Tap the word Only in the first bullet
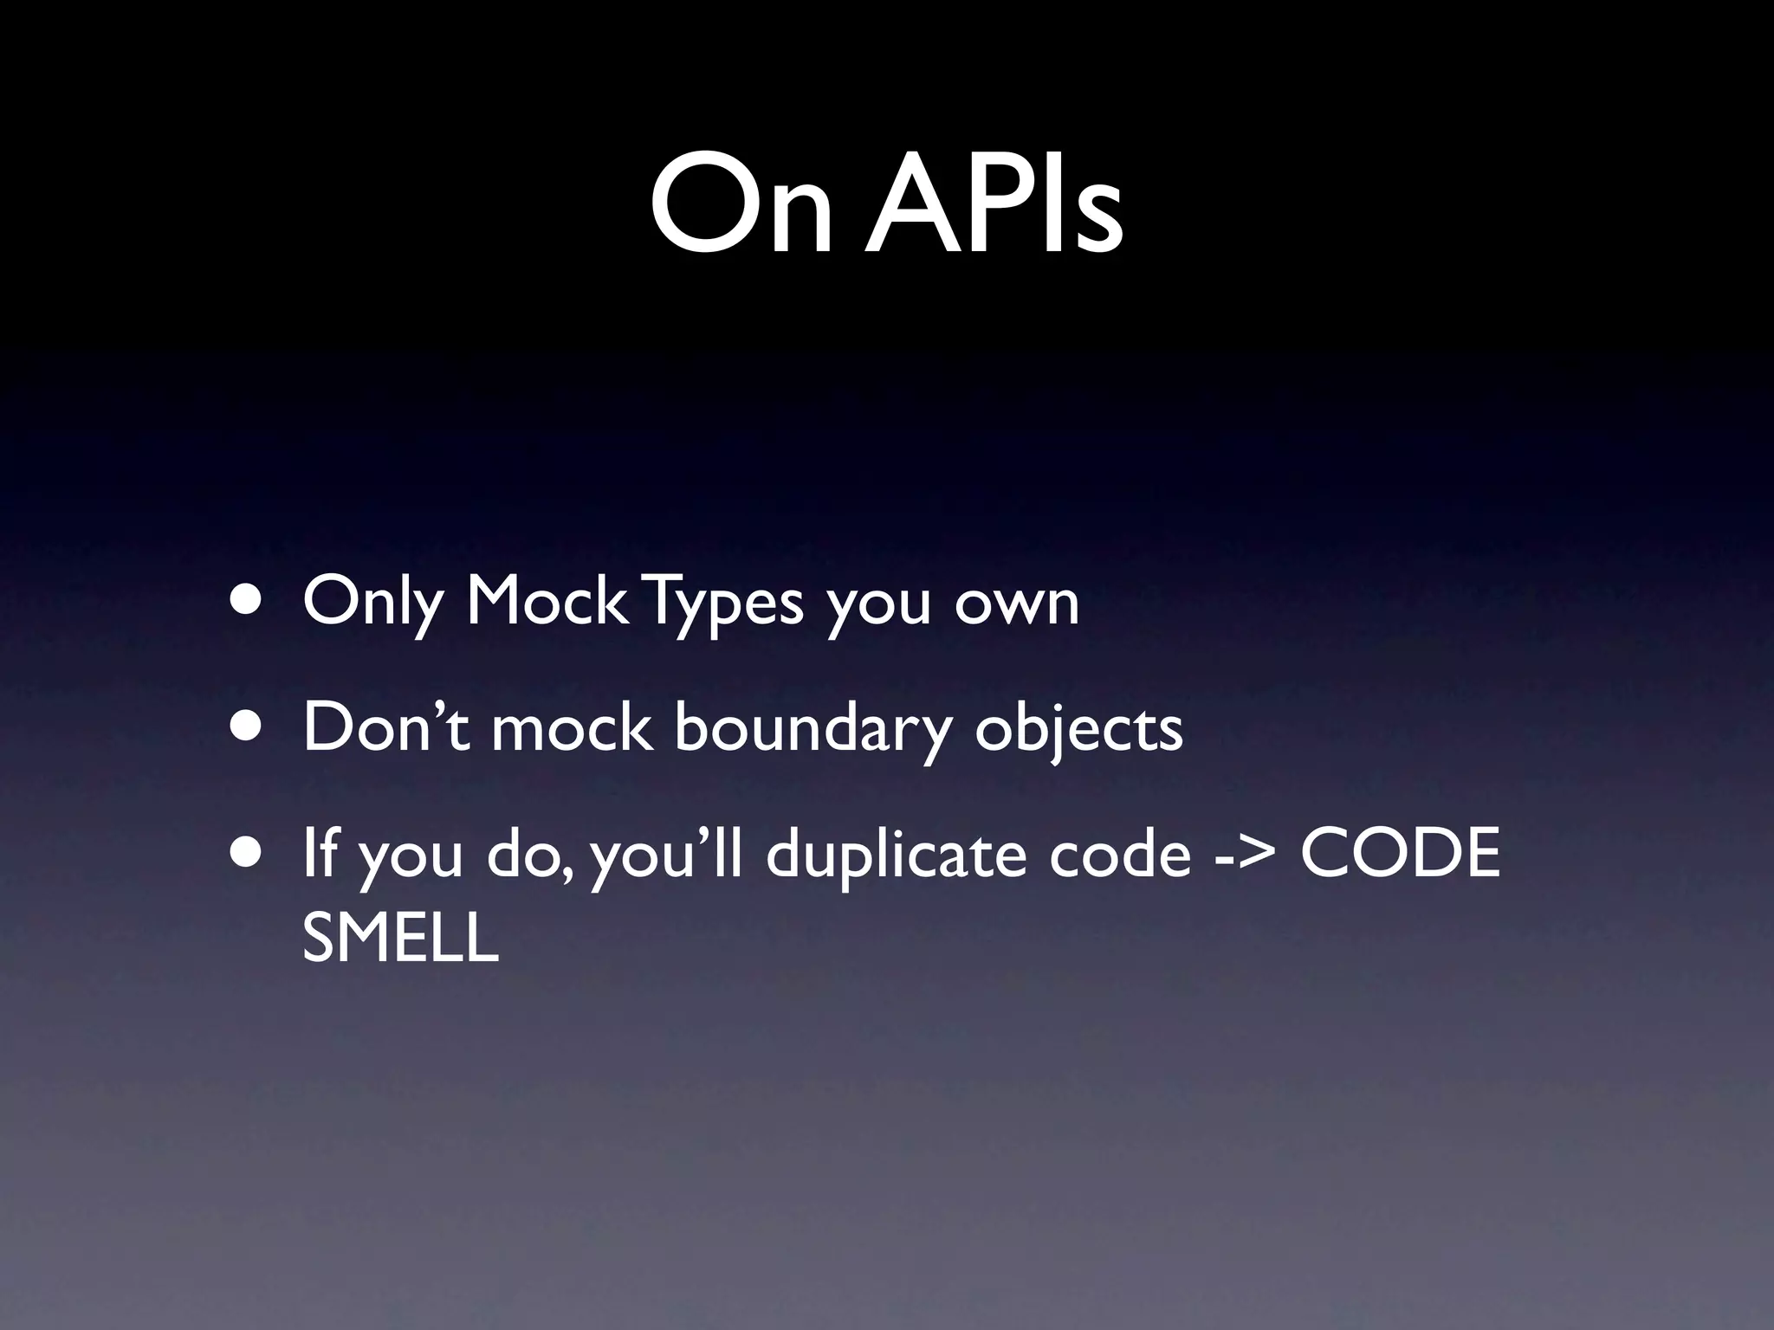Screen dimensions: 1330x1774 pyautogui.click(x=372, y=603)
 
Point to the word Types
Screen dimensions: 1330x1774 pyautogui.click(x=726, y=603)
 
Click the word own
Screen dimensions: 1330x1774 pyautogui.click(x=1017, y=603)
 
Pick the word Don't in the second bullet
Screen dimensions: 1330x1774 pyautogui.click(x=386, y=727)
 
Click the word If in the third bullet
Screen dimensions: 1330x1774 pyautogui.click(x=320, y=852)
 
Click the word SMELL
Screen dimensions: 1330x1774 pyautogui.click(x=401, y=939)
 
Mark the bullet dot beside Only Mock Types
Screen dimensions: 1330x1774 pyautogui.click(x=248, y=601)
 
